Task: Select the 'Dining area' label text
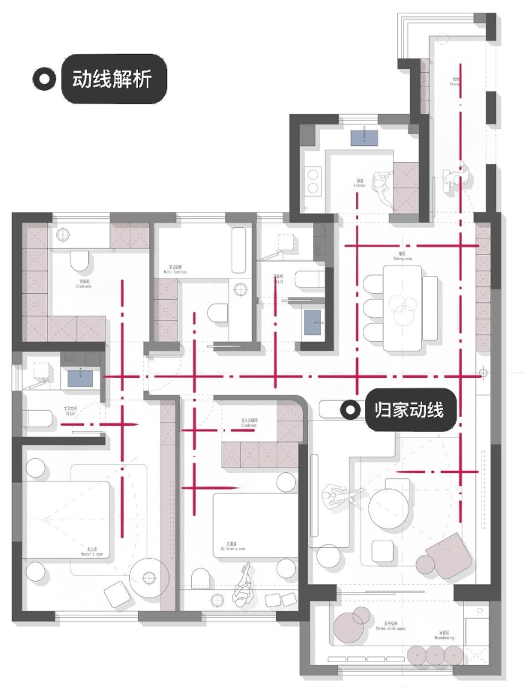tap(403, 256)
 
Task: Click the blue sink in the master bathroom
tap(80, 377)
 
